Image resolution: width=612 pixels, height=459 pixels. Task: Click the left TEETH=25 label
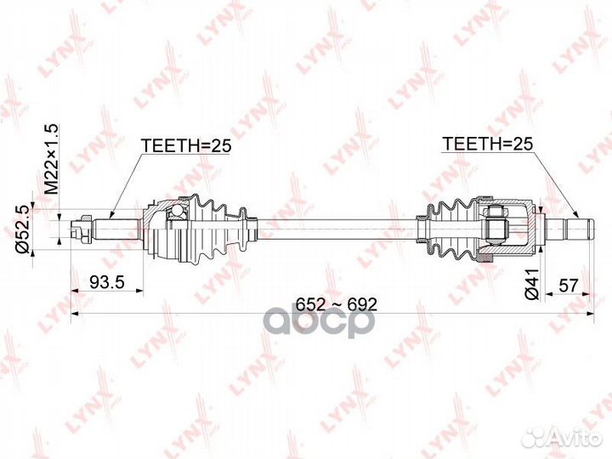click(186, 145)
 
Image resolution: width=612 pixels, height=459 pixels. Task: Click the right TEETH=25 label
click(487, 144)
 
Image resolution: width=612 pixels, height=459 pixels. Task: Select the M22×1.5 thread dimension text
click(51, 159)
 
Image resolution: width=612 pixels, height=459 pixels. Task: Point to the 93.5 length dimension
click(107, 282)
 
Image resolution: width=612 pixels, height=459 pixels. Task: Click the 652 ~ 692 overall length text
click(337, 304)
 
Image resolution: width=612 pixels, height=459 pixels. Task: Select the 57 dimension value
click(568, 286)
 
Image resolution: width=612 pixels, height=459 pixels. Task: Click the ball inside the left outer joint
click(177, 211)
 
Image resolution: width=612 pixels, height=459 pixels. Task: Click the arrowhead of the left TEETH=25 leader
click(111, 215)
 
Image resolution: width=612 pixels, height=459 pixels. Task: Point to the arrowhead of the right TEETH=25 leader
click(577, 214)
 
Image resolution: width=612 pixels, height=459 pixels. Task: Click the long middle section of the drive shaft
click(337, 229)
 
